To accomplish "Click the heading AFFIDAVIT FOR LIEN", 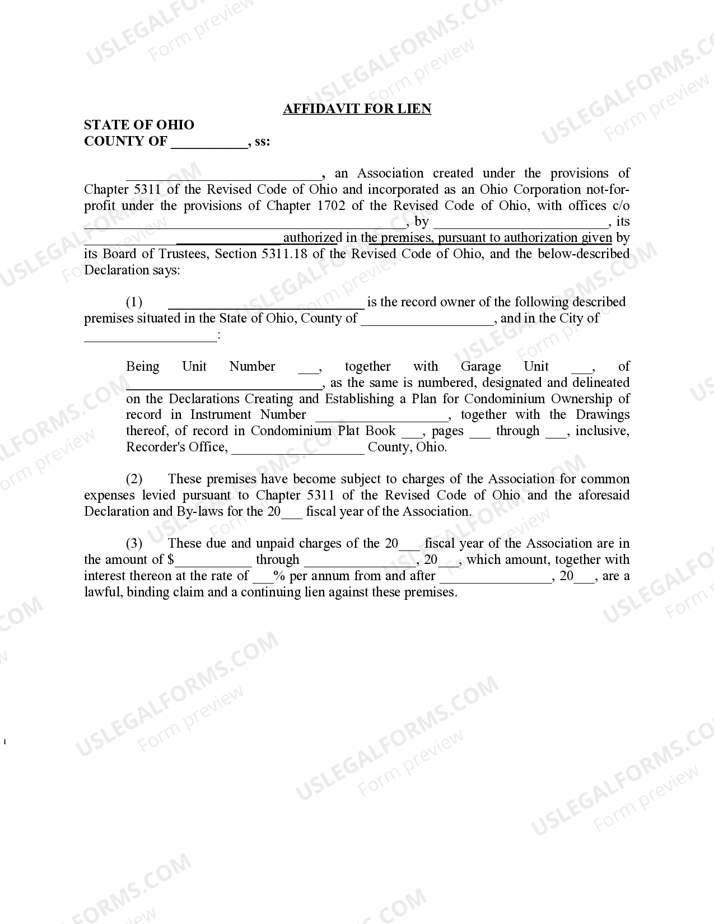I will (x=357, y=109).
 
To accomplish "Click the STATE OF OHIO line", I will (x=139, y=125).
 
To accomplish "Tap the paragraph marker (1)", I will (x=134, y=302).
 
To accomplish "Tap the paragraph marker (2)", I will (x=134, y=479).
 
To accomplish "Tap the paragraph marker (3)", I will (x=134, y=544).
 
